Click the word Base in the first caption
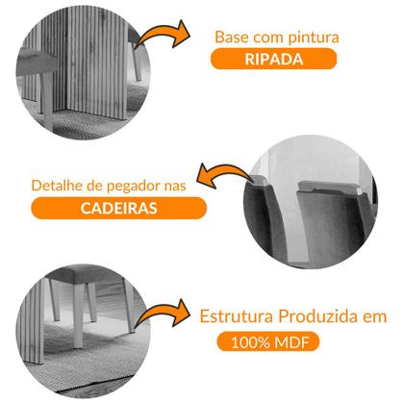click(x=231, y=37)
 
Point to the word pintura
click(x=310, y=37)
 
